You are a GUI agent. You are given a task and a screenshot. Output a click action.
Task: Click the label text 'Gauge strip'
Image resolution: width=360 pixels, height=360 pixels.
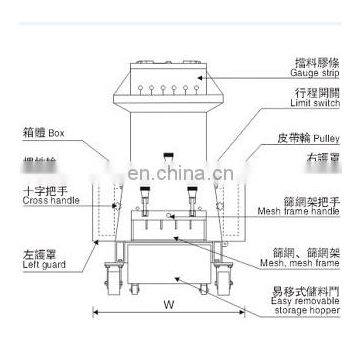[312, 71]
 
